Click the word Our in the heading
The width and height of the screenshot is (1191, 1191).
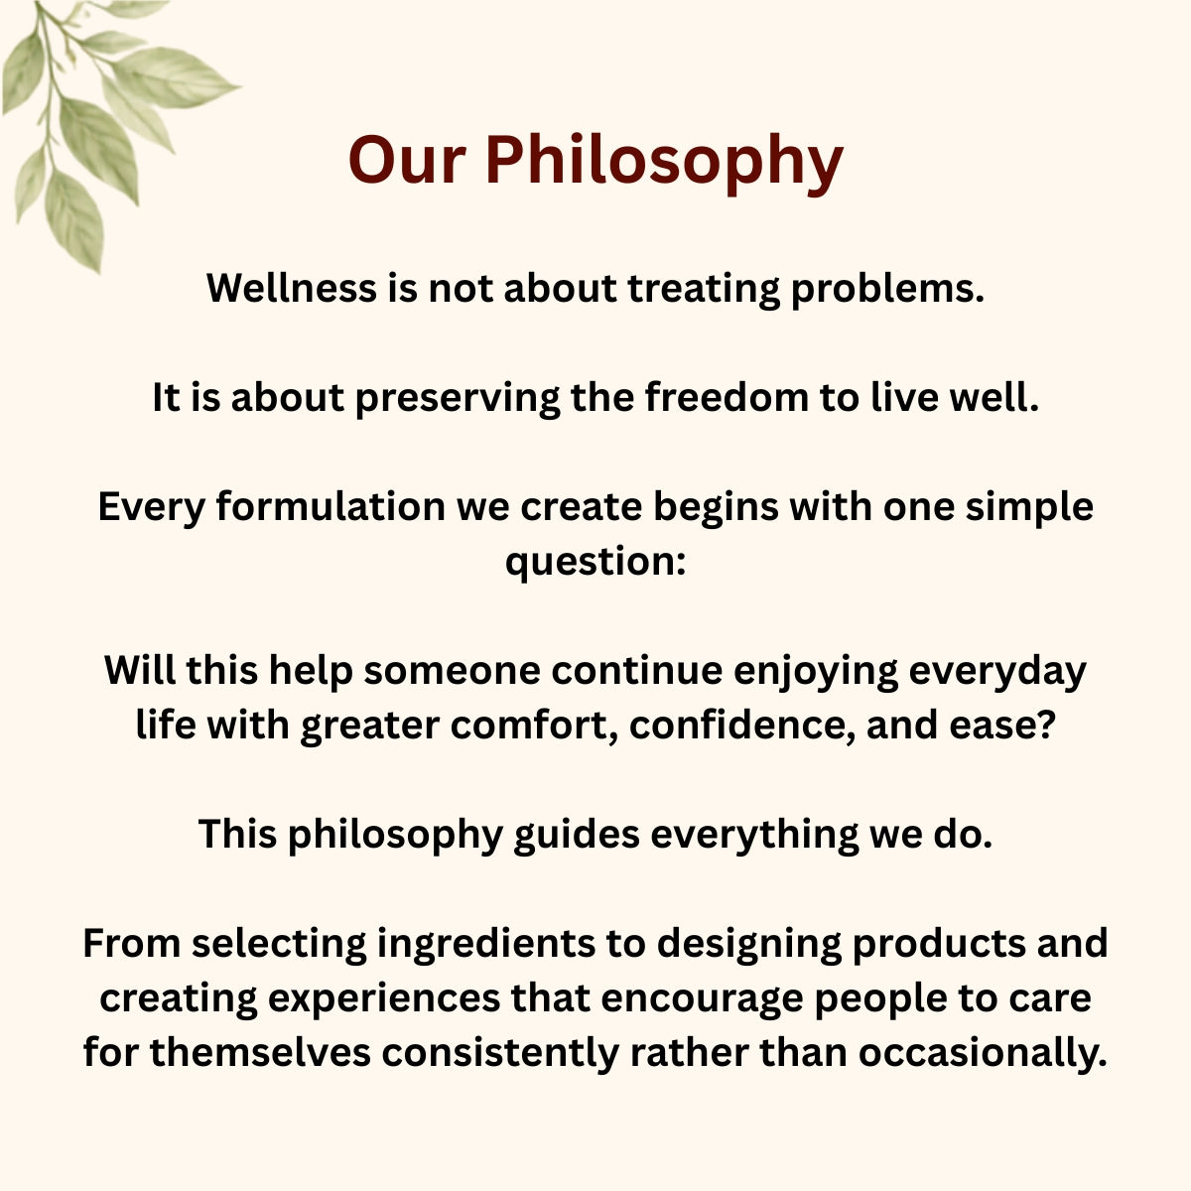click(406, 160)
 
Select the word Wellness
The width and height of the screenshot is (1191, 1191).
click(292, 288)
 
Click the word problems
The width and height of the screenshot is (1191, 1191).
click(887, 290)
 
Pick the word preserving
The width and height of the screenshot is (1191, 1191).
click(458, 399)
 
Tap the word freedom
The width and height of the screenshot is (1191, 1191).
click(727, 397)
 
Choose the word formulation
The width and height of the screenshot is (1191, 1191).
click(331, 506)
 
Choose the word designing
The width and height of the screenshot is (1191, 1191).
click(749, 945)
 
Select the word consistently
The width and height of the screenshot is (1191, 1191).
click(499, 1054)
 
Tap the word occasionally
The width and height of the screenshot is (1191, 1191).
click(983, 1054)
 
